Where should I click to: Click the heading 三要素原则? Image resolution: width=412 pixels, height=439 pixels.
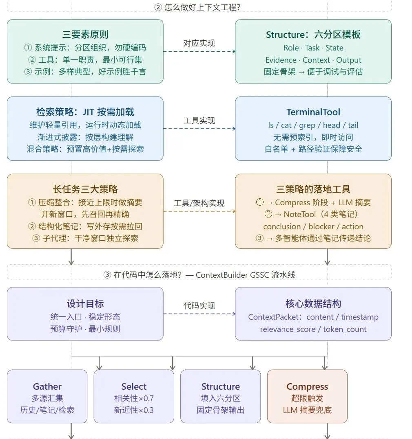(85, 35)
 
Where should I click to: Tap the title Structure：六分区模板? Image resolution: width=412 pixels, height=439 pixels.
(313, 35)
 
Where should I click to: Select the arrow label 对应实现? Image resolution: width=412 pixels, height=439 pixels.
(199, 43)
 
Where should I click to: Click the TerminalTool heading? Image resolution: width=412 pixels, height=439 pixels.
(313, 112)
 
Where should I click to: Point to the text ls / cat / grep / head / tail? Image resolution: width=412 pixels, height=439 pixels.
(313, 125)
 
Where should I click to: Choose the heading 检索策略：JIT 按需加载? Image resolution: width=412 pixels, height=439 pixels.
(85, 112)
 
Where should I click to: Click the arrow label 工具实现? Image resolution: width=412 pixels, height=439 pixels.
(199, 121)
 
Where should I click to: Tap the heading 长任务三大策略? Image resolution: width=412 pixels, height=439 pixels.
(85, 189)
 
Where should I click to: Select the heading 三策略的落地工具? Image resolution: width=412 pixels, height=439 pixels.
(313, 189)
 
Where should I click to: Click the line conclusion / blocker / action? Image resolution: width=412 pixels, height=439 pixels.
(313, 226)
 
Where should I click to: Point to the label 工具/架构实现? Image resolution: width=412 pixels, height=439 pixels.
(199, 203)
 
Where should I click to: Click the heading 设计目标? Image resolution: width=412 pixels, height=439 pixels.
(85, 303)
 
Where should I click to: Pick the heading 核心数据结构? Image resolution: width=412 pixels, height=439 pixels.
(313, 303)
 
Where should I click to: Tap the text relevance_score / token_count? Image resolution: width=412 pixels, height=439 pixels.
(313, 329)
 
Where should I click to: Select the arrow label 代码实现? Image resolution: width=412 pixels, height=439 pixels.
(199, 306)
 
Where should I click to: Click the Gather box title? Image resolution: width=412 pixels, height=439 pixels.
(47, 386)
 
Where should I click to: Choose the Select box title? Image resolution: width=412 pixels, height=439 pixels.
(134, 386)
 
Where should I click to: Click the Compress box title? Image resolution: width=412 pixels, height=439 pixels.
(307, 386)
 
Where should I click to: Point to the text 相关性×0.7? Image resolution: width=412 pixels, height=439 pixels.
(134, 398)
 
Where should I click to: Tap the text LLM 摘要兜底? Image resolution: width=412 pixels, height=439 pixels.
(307, 410)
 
